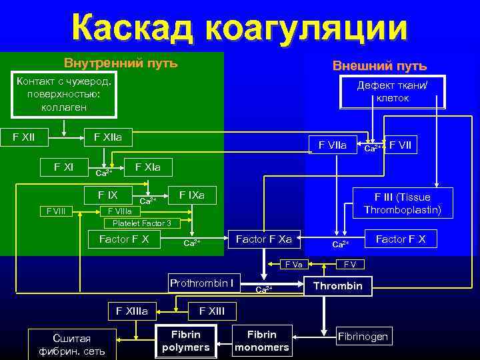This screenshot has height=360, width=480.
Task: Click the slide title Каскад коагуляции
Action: (239, 28)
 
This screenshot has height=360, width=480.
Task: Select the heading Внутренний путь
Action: (121, 63)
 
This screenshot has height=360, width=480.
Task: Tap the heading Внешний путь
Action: (379, 66)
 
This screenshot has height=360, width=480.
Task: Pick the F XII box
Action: (24, 137)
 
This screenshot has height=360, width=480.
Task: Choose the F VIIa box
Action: (333, 143)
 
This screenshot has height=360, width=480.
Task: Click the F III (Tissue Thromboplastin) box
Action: (402, 203)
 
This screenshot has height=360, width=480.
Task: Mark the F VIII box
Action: (55, 211)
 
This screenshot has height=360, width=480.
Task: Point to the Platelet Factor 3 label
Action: (142, 223)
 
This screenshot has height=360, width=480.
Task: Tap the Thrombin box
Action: (338, 286)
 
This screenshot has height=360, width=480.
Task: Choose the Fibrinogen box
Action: (363, 336)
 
